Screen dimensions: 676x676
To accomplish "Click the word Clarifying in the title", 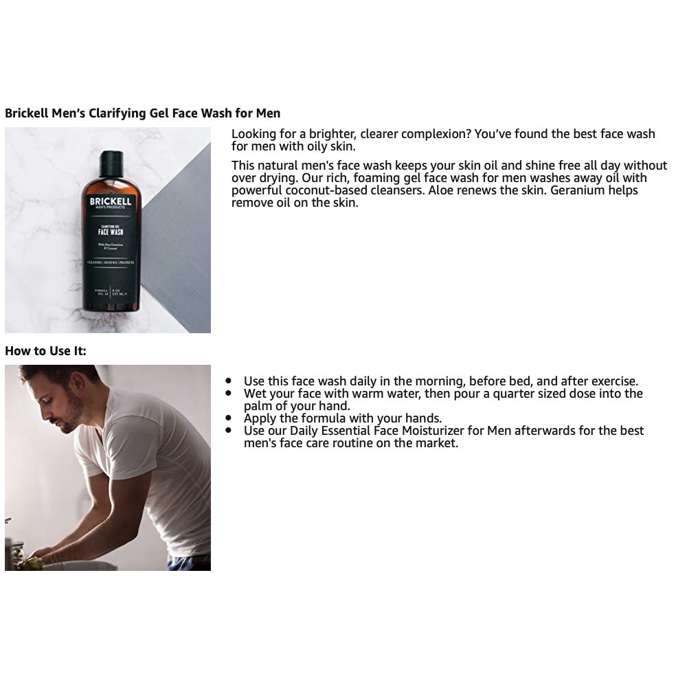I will tap(118, 113).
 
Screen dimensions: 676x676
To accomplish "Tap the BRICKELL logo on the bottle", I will tap(110, 202).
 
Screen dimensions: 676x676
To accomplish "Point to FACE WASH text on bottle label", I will tap(110, 232).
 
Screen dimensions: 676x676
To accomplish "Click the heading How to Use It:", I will tap(45, 351).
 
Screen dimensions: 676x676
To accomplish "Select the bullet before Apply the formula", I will tap(229, 418).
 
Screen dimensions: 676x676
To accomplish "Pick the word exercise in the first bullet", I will tap(612, 381).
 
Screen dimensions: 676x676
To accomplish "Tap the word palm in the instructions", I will tap(259, 406).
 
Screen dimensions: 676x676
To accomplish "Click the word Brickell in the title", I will tap(26, 113).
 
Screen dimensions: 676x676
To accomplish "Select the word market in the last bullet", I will tap(435, 443).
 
